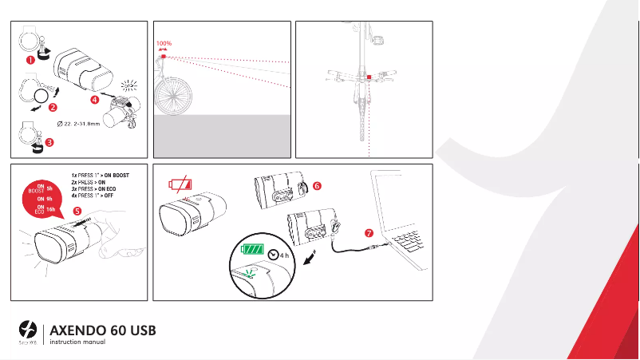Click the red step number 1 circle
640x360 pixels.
[x=30, y=58]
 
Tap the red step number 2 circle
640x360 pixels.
[x=53, y=106]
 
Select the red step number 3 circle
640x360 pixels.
[x=49, y=143]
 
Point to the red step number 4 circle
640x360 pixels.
[x=95, y=100]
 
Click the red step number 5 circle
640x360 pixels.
[x=77, y=211]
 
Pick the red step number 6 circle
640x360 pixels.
[x=317, y=185]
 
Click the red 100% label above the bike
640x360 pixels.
[x=164, y=43]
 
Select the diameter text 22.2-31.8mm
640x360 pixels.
[x=85, y=124]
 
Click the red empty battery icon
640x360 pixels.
[x=180, y=185]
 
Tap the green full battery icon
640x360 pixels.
[x=253, y=250]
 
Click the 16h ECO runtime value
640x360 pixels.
[x=51, y=209]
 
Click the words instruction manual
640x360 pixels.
[x=77, y=342]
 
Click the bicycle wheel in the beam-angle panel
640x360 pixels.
[x=173, y=97]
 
